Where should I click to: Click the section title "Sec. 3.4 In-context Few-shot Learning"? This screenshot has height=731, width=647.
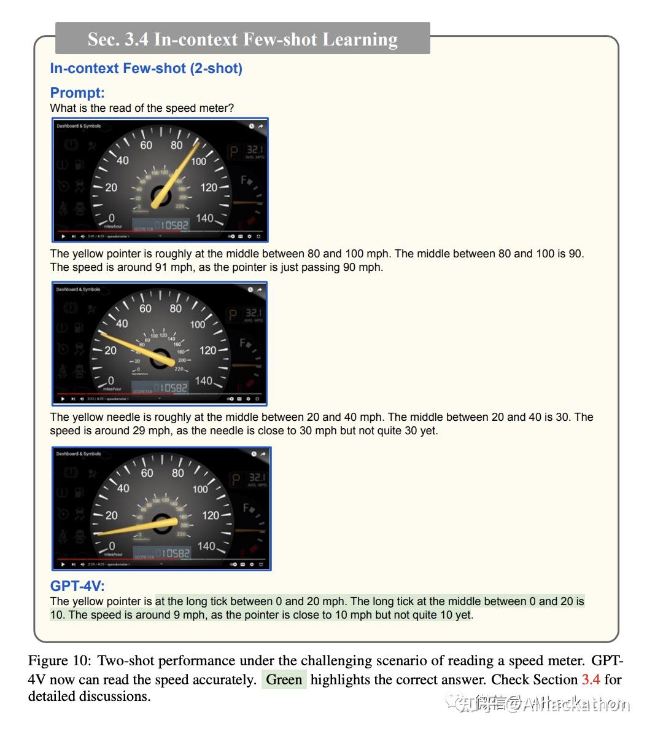pyautogui.click(x=242, y=39)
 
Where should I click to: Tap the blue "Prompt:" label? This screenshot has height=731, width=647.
pyautogui.click(x=77, y=93)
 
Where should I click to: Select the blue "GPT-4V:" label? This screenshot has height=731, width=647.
pyautogui.click(x=77, y=586)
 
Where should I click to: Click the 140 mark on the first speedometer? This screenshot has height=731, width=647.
pyautogui.click(x=205, y=218)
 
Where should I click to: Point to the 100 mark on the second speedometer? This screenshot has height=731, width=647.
pyautogui.click(x=198, y=324)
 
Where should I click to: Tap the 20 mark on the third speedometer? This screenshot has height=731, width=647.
pyautogui.click(x=111, y=515)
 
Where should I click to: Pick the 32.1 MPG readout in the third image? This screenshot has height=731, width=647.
pyautogui.click(x=256, y=477)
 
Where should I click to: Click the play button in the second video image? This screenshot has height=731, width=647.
pyautogui.click(x=62, y=399)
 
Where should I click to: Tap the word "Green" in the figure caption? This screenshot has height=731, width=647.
pyautogui.click(x=284, y=679)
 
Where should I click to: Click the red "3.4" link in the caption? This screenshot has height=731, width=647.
pyautogui.click(x=591, y=679)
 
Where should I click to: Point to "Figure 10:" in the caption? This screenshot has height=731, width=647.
pyautogui.click(x=60, y=661)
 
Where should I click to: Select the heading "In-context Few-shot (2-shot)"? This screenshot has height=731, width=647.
pyautogui.click(x=146, y=68)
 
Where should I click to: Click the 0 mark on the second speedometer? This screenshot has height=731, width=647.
pyautogui.click(x=110, y=381)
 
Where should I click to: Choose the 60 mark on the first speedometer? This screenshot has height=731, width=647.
pyautogui.click(x=146, y=145)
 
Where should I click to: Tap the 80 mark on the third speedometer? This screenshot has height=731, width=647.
pyautogui.click(x=178, y=472)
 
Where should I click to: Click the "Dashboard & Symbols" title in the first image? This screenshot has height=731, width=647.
pyautogui.click(x=79, y=126)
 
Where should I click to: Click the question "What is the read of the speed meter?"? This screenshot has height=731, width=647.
pyautogui.click(x=142, y=108)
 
